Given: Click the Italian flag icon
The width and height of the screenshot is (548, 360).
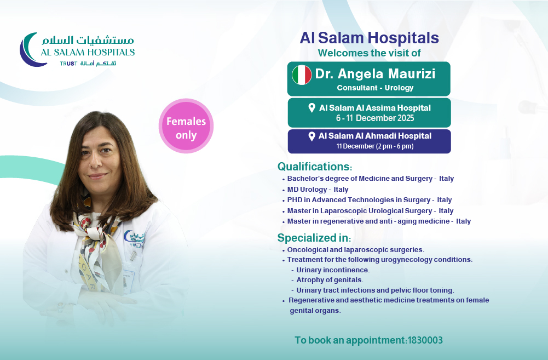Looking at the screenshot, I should [x=302, y=75].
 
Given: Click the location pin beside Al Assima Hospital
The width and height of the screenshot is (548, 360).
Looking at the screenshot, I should [x=312, y=108].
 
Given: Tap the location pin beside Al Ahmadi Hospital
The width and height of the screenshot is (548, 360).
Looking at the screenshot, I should [x=312, y=136].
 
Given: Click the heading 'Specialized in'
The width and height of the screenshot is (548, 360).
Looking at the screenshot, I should [x=313, y=238].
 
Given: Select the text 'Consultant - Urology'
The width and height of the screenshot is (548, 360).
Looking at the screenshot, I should [x=375, y=88].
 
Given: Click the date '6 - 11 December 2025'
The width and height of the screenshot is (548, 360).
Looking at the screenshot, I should [x=375, y=118].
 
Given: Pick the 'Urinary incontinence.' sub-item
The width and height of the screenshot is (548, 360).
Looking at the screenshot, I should [x=333, y=270].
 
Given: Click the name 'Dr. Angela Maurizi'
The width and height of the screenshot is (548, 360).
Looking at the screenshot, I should [x=376, y=73].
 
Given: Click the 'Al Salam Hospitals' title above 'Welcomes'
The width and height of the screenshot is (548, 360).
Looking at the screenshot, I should [x=370, y=38].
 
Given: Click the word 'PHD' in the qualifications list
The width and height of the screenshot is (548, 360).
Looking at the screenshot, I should [x=296, y=200].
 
